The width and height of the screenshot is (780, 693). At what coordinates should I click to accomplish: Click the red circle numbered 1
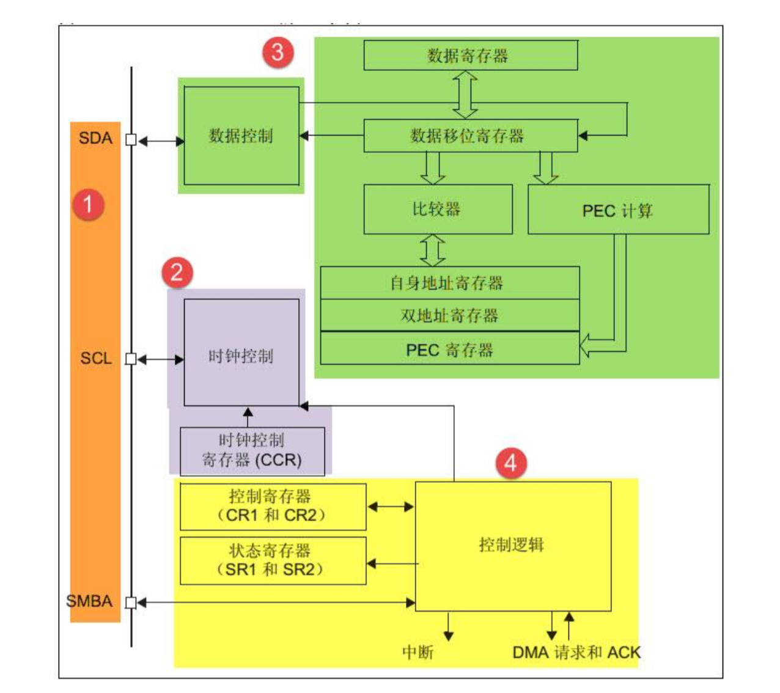pos(88,204)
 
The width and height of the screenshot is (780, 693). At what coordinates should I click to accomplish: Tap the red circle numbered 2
pos(177,272)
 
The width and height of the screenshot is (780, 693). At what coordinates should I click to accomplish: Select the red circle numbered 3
pos(278,52)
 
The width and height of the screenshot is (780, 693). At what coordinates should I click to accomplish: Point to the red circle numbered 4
pos(510,463)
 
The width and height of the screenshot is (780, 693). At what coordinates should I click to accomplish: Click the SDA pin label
pos(95,138)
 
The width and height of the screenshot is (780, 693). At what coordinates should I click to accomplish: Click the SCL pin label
pos(96,358)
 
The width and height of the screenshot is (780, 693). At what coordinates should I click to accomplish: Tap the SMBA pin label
pos(90,601)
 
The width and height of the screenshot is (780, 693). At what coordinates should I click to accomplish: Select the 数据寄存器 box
pos(470,56)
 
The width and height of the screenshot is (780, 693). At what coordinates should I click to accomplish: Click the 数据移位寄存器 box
pos(470,136)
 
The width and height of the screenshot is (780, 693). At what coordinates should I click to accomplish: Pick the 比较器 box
pos(438,210)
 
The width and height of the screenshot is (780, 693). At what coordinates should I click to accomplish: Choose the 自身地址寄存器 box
pos(449,283)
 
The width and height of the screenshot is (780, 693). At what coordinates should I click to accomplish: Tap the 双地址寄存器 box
pos(449,315)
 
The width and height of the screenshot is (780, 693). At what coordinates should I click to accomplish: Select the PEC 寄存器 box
pos(449,350)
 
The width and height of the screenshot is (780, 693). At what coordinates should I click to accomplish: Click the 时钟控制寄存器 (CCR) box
pos(252,450)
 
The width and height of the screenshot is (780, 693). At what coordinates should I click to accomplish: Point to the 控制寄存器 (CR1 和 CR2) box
pos(273,507)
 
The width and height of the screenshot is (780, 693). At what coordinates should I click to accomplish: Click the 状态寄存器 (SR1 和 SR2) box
pos(273,560)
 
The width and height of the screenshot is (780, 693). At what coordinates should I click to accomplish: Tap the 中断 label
pos(418,652)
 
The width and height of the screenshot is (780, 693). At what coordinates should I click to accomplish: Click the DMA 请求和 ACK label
pos(576,652)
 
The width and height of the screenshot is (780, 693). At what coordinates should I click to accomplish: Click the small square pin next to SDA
pos(131,140)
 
